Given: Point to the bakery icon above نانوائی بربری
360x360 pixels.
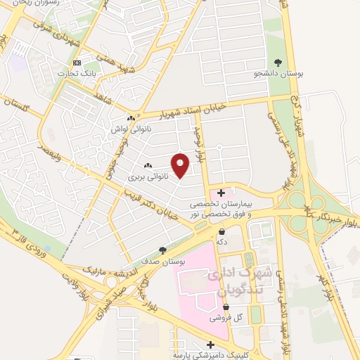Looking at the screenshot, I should [x=148, y=166].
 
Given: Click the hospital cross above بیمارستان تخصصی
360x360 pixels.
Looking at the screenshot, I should [x=221, y=192].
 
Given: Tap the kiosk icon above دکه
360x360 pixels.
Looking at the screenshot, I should [x=221, y=231].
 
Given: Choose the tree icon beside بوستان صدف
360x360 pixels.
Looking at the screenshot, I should [x=163, y=250].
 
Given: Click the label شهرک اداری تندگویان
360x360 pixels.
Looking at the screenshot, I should [x=236, y=281].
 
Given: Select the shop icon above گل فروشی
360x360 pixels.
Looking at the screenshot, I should [x=226, y=307].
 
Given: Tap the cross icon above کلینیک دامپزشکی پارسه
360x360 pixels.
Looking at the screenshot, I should [x=210, y=344].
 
